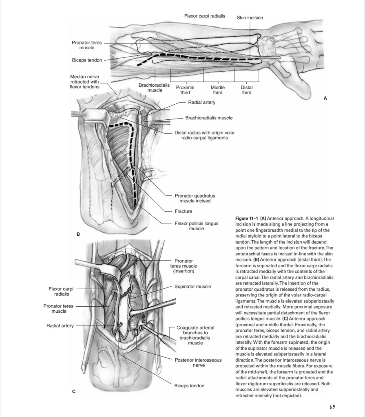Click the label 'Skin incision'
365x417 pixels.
(x=250, y=18)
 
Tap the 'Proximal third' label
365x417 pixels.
(x=185, y=90)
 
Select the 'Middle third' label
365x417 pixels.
(x=218, y=90)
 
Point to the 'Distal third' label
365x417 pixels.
(x=247, y=90)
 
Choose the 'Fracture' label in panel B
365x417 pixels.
(x=184, y=211)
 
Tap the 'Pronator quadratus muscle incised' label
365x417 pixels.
(x=195, y=198)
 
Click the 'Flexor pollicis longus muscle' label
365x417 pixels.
(x=197, y=226)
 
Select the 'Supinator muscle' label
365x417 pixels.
(x=193, y=287)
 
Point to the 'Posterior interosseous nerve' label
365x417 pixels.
(x=198, y=362)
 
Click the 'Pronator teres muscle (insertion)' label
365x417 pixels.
(x=186, y=266)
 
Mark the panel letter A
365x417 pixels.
(x=325, y=98)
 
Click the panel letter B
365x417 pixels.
(x=78, y=235)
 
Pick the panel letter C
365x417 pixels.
(x=73, y=392)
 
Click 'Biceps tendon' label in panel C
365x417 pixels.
(x=189, y=386)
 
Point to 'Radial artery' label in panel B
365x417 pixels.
(x=201, y=102)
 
